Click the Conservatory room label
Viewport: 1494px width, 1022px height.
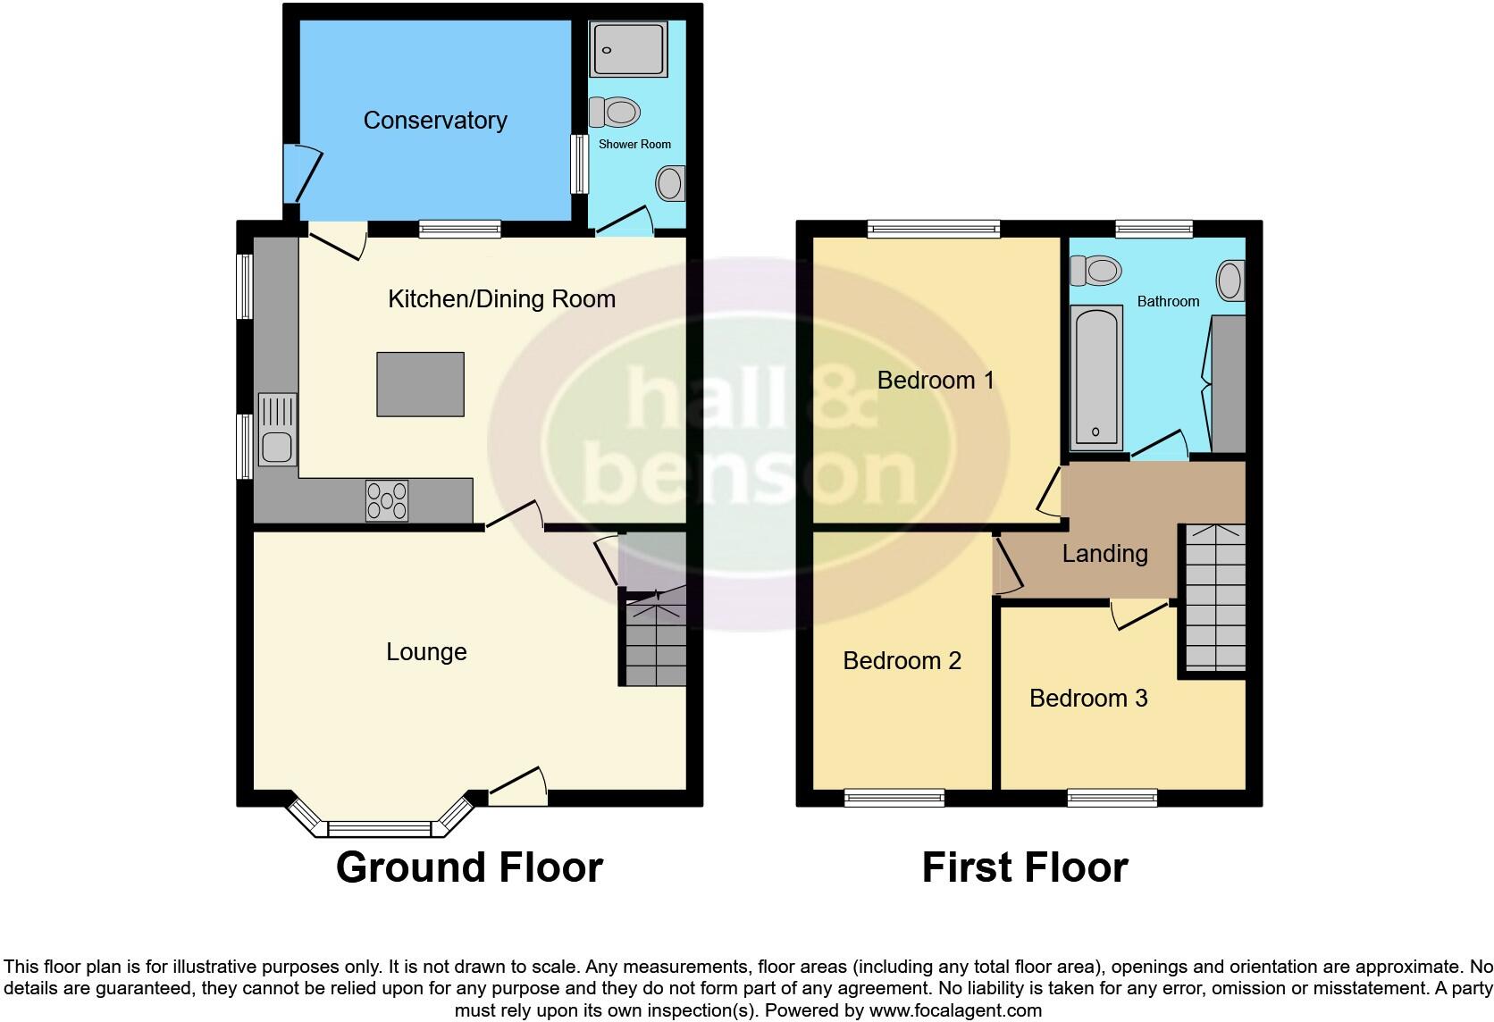(x=435, y=121)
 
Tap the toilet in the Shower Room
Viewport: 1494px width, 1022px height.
(x=617, y=113)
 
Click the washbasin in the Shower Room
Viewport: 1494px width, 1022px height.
(x=669, y=184)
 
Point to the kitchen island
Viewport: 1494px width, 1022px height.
(x=421, y=384)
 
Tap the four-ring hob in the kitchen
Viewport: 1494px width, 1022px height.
(x=387, y=500)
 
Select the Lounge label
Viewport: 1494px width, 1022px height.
(x=426, y=652)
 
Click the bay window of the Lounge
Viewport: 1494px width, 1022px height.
(x=380, y=826)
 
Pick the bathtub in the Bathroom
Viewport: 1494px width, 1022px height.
(x=1095, y=375)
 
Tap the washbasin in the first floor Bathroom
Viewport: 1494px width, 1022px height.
(x=1231, y=281)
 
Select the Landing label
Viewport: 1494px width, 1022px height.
(x=1104, y=554)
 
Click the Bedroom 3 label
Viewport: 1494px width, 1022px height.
(x=1088, y=698)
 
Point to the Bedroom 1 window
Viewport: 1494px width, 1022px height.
(x=934, y=230)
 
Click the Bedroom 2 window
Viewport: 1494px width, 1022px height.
(x=894, y=798)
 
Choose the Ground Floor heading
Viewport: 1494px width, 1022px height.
(x=469, y=867)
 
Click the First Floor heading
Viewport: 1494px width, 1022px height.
(x=1025, y=867)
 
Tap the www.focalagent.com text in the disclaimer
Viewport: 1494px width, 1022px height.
(x=954, y=1011)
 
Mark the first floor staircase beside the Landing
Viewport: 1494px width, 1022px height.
(x=1215, y=599)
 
